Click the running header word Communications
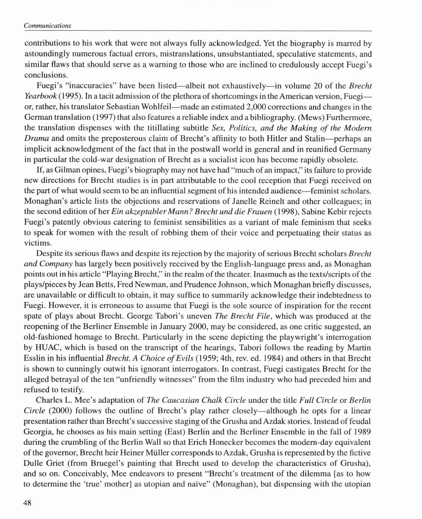pyautogui.click(x=47, y=25)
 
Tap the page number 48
pyautogui.click(x=27, y=503)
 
